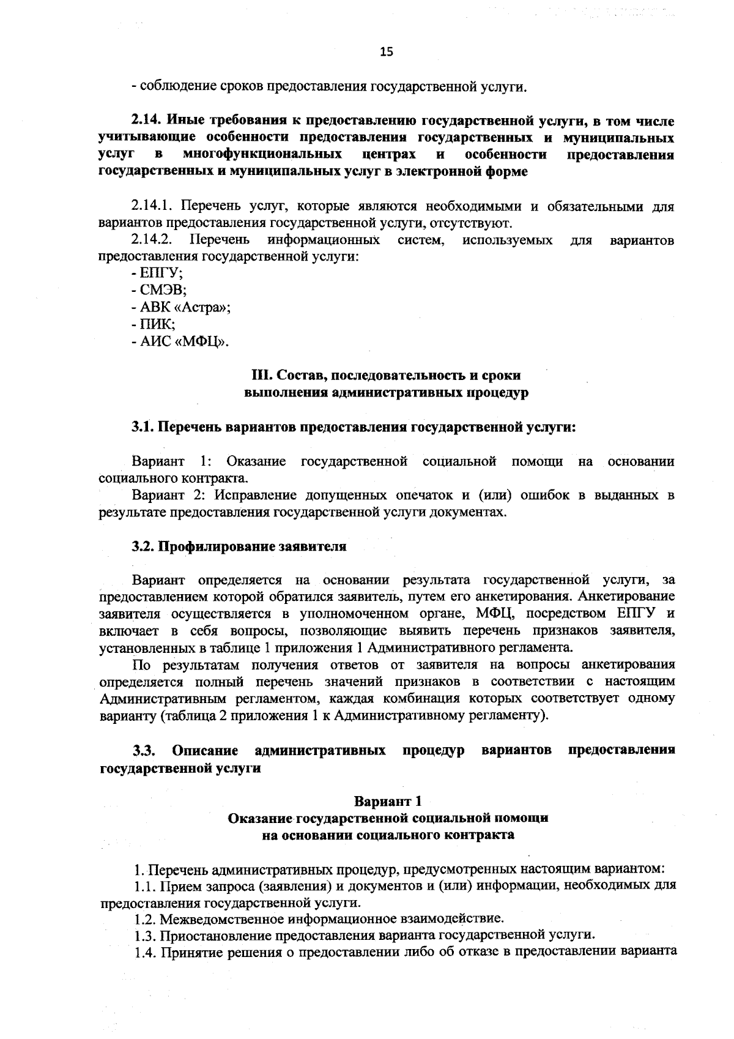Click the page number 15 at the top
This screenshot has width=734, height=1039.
coord(386,52)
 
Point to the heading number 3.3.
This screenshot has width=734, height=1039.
coord(144,750)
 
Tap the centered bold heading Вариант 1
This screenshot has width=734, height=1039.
coord(387,801)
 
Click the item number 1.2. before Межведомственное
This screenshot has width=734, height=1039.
coord(146,918)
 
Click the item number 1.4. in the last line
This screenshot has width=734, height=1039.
coord(146,951)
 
